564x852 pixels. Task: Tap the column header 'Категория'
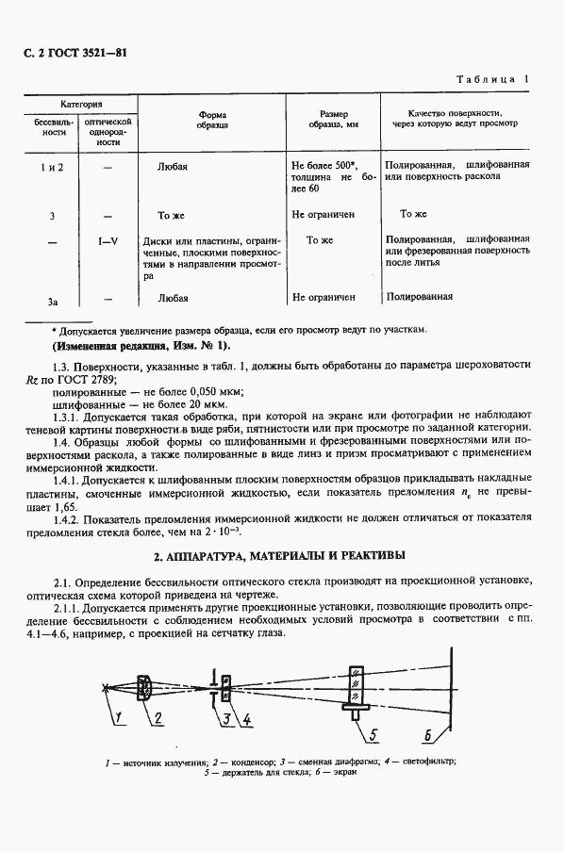click(82, 103)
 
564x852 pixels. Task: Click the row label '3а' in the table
click(53, 301)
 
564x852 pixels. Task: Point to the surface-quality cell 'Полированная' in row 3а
click(419, 297)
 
